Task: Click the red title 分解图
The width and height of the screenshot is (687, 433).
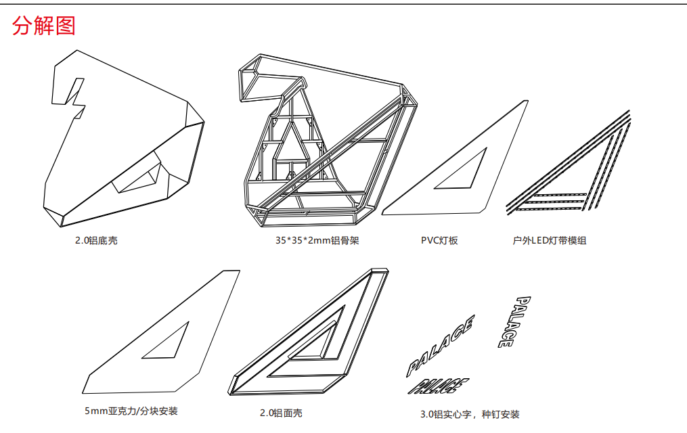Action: click(x=44, y=26)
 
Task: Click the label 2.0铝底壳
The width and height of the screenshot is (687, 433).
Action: click(x=96, y=240)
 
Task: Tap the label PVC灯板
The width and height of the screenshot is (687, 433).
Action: click(x=439, y=240)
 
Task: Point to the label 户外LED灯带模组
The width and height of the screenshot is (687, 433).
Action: click(x=550, y=240)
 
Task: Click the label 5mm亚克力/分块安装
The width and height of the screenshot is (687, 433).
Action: click(x=131, y=411)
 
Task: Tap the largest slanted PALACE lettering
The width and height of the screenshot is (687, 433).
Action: click(x=439, y=345)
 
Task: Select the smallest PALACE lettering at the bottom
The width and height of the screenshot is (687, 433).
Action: click(x=439, y=386)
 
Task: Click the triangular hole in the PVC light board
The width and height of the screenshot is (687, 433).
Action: click(x=466, y=171)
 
